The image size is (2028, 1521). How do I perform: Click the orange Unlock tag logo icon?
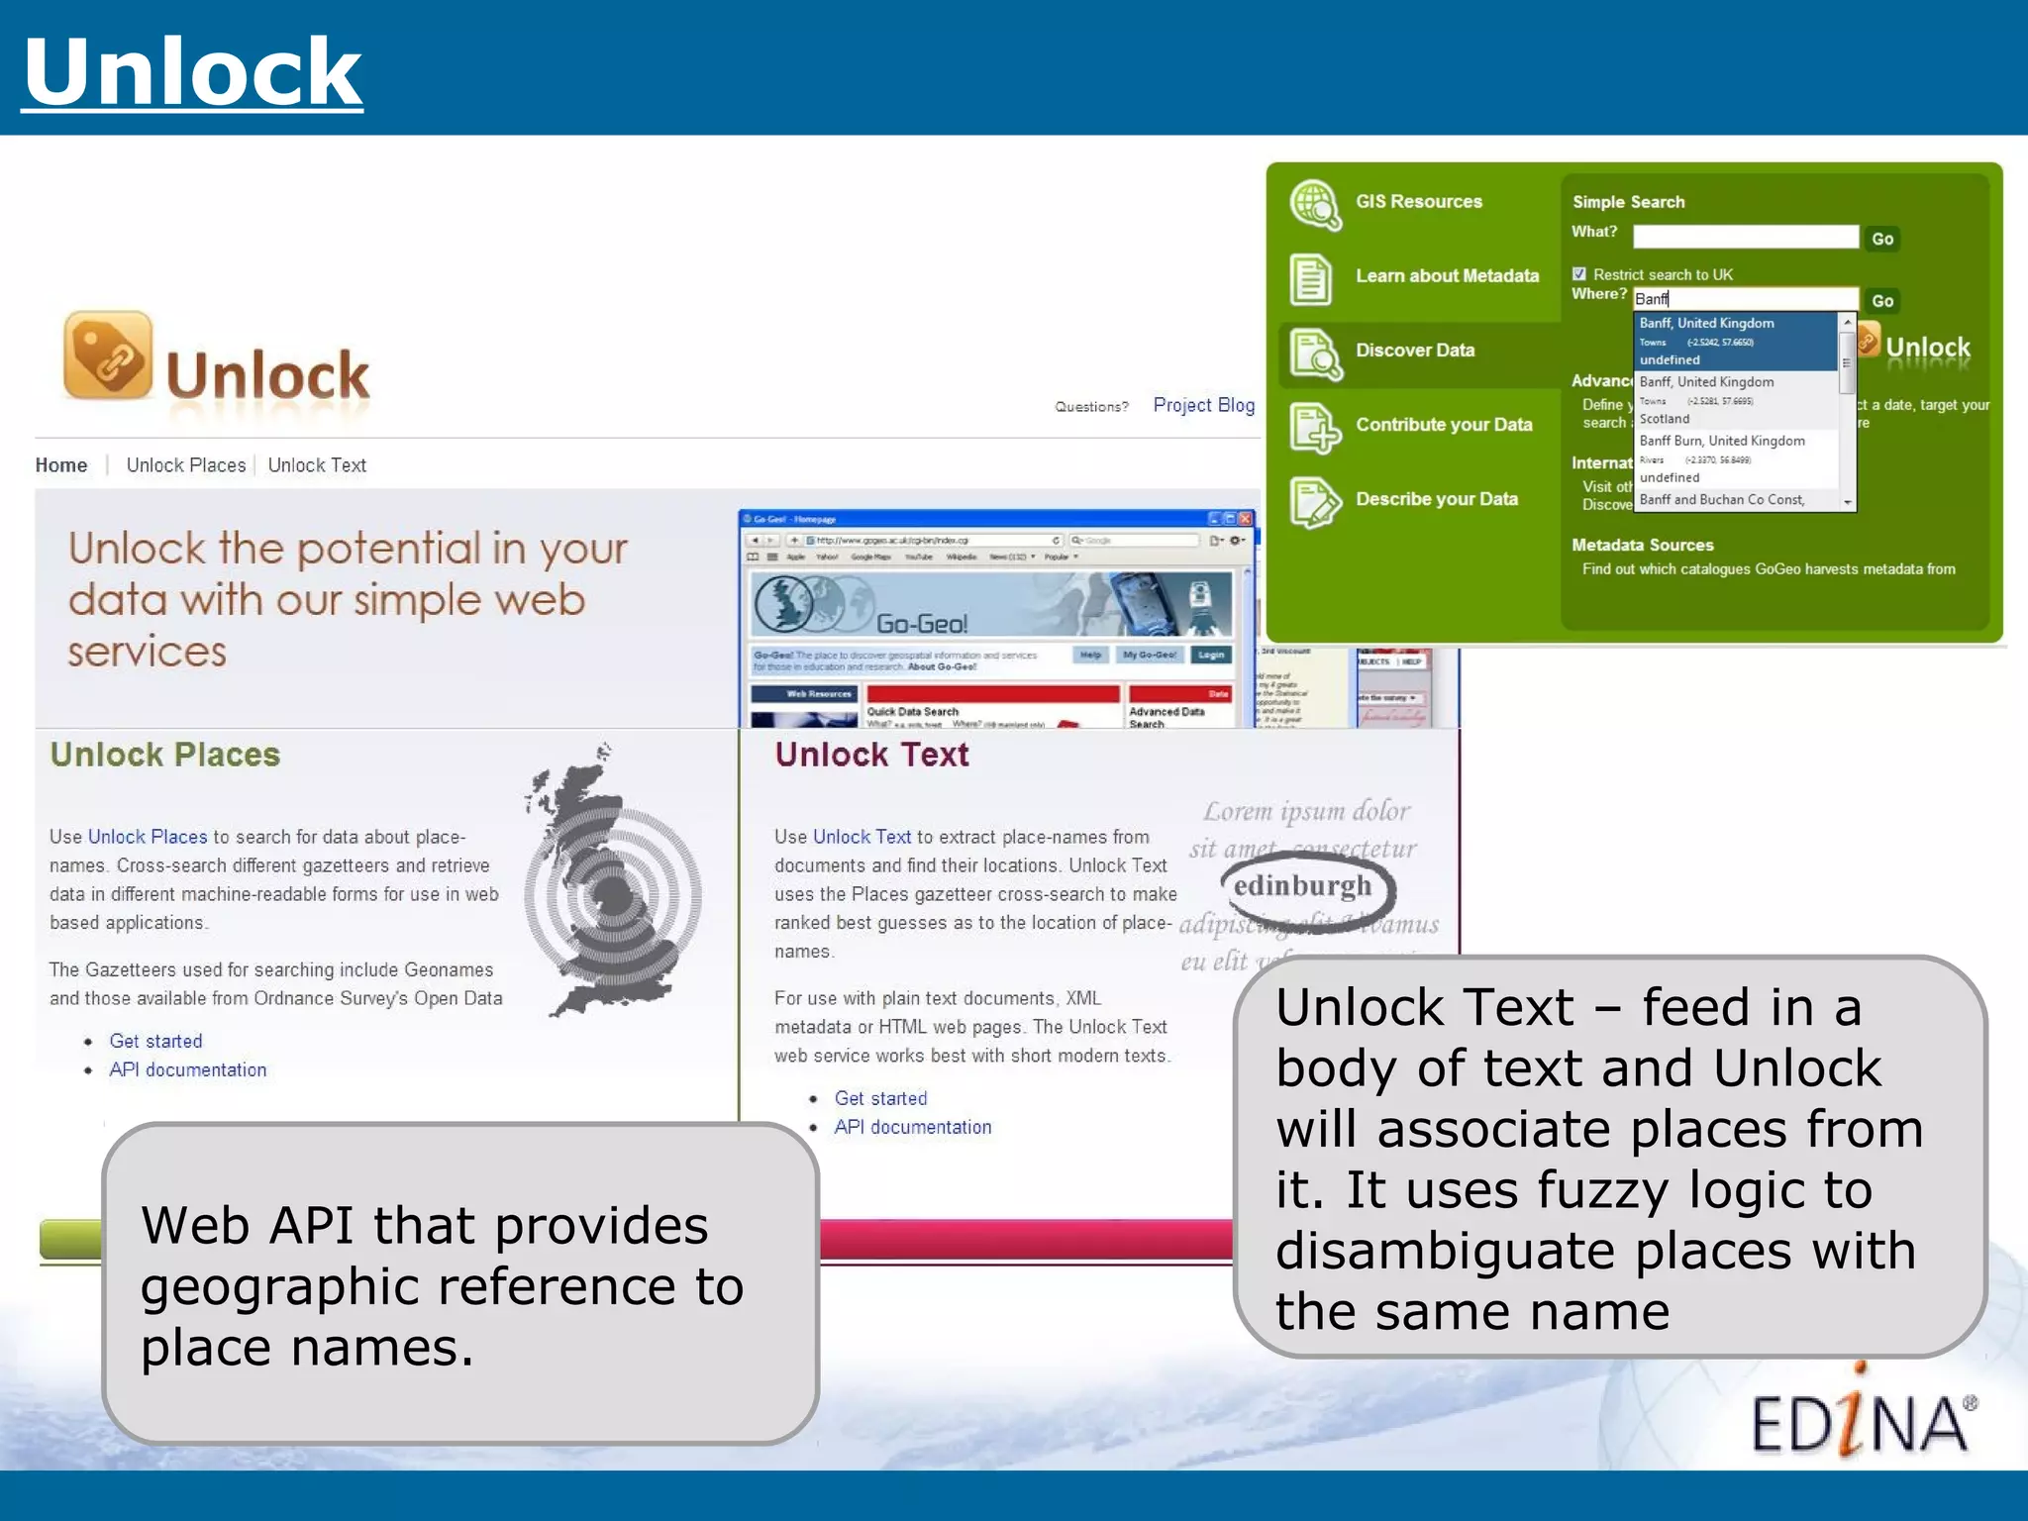tap(108, 355)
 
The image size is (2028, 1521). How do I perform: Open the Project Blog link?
tap(1203, 405)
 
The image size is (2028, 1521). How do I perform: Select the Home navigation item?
tap(61, 465)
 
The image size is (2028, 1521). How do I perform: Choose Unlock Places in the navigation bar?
tap(186, 465)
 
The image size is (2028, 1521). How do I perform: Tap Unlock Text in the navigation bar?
tap(317, 465)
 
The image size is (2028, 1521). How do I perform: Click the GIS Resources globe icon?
tap(1315, 204)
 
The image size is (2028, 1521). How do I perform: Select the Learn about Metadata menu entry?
tap(1447, 276)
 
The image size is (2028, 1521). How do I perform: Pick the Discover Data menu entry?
tap(1415, 351)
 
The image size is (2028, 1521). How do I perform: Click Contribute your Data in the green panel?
tap(1444, 425)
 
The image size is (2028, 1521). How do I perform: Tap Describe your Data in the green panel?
tap(1436, 499)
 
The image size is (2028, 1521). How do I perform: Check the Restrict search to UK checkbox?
tap(1579, 274)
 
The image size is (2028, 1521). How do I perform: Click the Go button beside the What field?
tap(1882, 239)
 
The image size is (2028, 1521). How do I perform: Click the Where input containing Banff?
tap(1745, 299)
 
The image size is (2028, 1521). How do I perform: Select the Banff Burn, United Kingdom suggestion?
tap(1722, 441)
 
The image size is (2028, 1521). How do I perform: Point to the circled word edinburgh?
tap(1303, 885)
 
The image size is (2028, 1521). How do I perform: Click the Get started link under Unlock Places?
tap(155, 1041)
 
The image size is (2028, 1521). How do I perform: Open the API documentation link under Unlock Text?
tap(912, 1127)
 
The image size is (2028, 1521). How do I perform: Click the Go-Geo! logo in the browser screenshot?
tap(921, 624)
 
